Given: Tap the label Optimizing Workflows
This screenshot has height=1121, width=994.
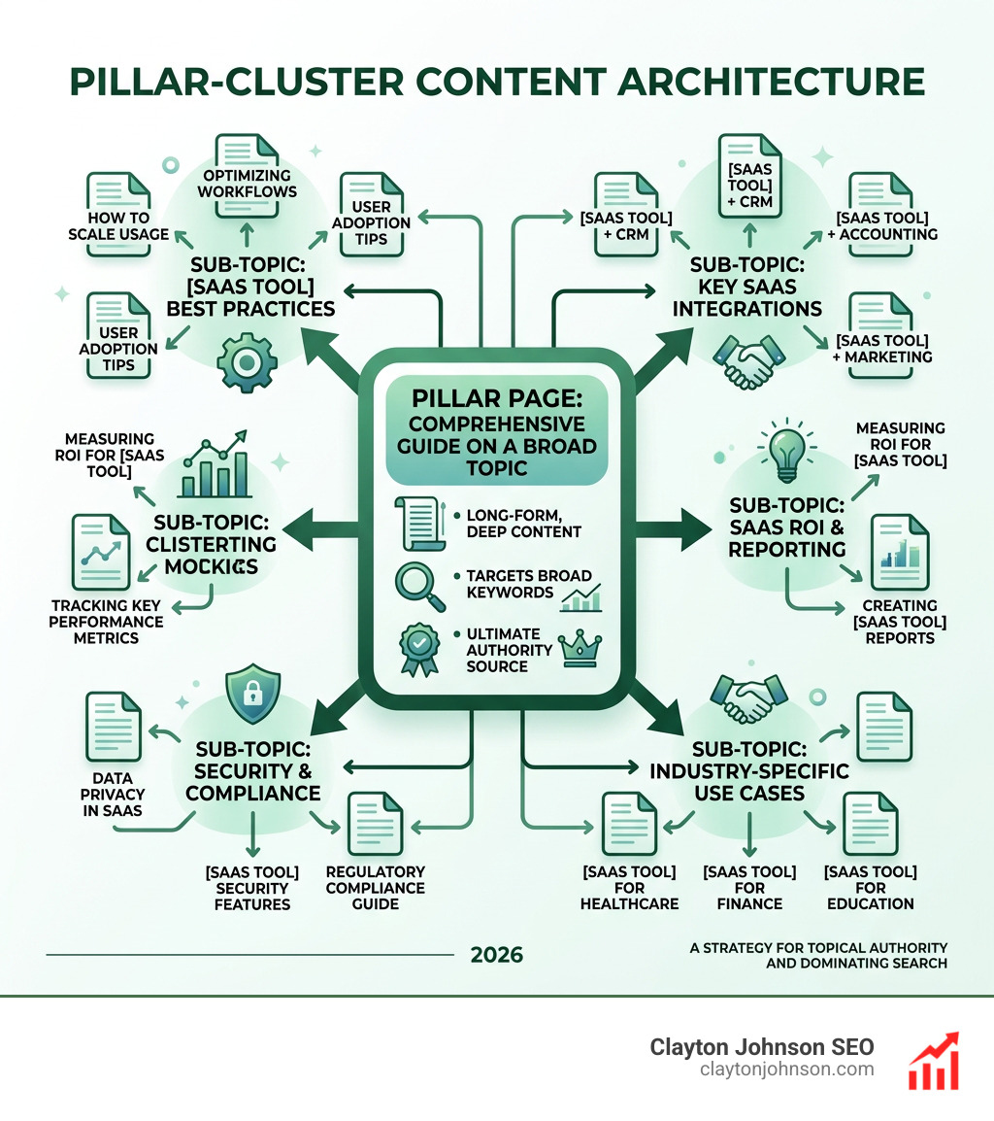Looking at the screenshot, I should pos(247,184).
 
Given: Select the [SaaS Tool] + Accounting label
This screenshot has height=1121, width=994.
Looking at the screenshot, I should pos(881,225).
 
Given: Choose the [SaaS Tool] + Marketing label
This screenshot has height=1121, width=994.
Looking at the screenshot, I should pos(882,349).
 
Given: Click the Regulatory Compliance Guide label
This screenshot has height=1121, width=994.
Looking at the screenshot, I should pos(376,887).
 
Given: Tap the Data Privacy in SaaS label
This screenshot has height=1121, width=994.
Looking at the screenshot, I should pos(115,794).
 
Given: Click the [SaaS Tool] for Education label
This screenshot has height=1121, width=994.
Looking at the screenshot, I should pos(870,887).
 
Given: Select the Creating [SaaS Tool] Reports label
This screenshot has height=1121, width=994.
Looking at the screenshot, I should pos(898,622).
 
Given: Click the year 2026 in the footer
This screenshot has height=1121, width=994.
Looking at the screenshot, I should pos(496,955).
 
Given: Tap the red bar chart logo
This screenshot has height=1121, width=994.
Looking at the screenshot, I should pos(933,1061).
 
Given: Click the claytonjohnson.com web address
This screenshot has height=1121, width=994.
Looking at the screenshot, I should pos(786,1070).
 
